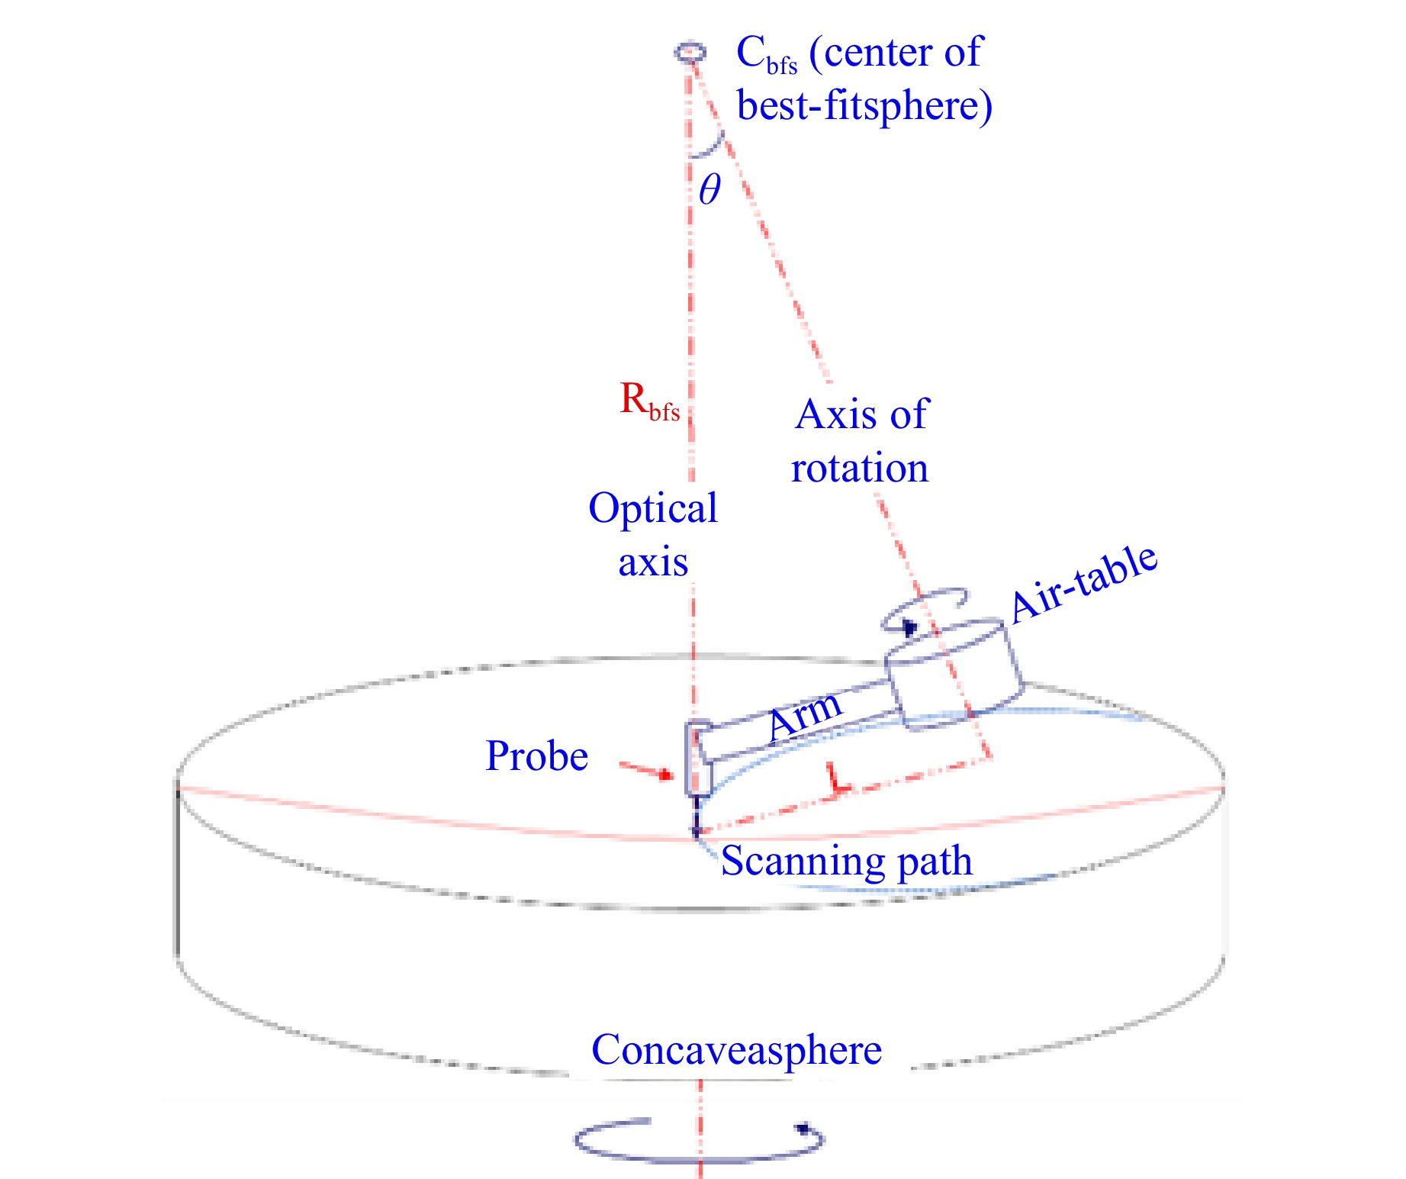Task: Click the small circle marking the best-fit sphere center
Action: [690, 53]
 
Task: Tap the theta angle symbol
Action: [709, 188]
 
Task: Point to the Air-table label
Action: [1084, 585]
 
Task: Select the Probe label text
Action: [537, 757]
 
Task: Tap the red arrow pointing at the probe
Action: [645, 770]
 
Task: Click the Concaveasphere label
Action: [736, 1051]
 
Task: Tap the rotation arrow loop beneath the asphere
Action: [699, 1141]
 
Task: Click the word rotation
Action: [860, 468]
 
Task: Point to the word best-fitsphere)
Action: [865, 106]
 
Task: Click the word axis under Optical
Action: [653, 563]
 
